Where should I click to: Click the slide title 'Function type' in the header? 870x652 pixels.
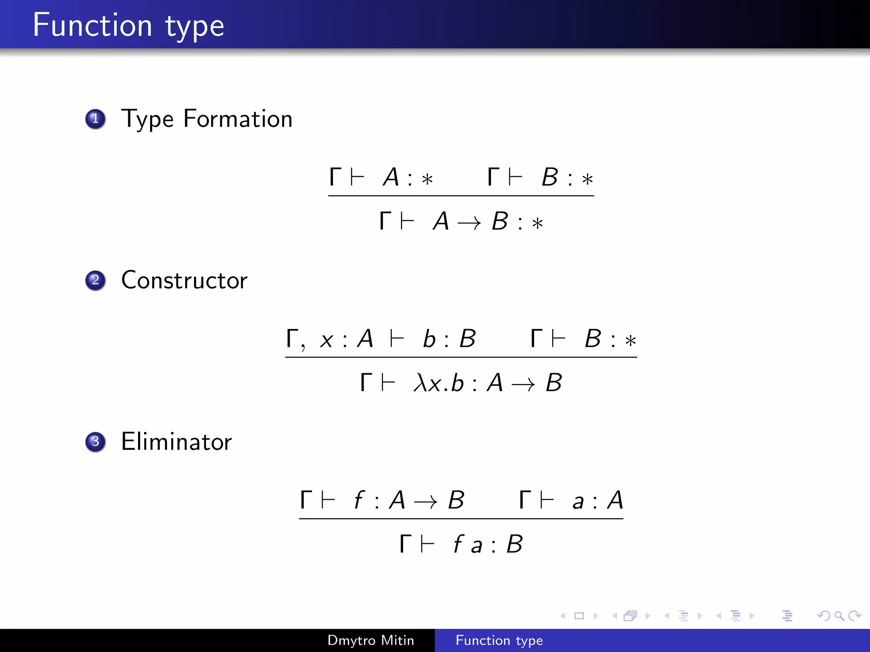[128, 25]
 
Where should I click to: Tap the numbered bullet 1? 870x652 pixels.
[96, 119]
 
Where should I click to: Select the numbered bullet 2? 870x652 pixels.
[96, 280]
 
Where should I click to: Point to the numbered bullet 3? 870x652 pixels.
[96, 442]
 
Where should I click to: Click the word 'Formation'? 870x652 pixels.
[238, 119]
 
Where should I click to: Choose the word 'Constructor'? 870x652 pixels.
[184, 280]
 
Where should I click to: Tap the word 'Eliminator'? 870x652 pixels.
[176, 442]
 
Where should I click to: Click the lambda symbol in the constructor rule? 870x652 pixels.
[420, 383]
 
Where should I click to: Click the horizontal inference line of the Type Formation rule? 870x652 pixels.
[461, 196]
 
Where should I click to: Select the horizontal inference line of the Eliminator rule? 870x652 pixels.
[461, 518]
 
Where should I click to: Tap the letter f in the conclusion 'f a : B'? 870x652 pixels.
[458, 544]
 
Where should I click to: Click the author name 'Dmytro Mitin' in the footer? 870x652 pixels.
[370, 640]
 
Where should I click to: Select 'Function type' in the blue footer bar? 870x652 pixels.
[499, 640]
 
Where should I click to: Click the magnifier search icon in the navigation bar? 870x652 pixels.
[839, 615]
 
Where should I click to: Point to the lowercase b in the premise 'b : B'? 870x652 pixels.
[429, 339]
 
